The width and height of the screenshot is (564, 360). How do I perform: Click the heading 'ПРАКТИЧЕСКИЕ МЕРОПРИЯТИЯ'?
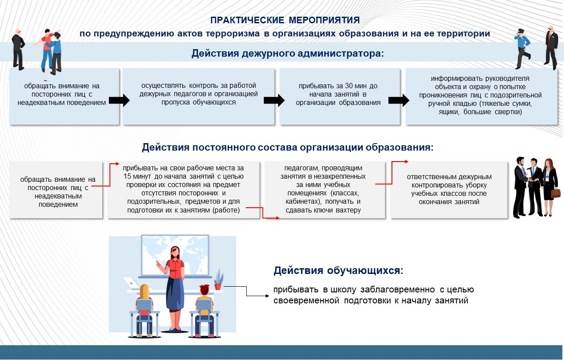coord(285,20)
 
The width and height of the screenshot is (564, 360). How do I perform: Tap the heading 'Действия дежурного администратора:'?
coord(287,54)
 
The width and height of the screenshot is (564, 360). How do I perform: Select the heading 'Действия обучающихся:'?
coord(338,270)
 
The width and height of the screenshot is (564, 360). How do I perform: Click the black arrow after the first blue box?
coord(119,101)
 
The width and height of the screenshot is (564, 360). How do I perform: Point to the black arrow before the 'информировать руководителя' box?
coord(399,101)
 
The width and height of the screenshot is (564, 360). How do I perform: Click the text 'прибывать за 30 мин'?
coord(338,86)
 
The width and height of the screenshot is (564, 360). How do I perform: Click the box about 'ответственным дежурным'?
coord(449,189)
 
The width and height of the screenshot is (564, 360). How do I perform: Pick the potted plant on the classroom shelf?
coord(218,280)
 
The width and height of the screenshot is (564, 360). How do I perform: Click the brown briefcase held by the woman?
coord(555,193)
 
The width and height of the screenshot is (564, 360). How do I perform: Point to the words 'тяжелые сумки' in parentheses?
coord(510,103)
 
